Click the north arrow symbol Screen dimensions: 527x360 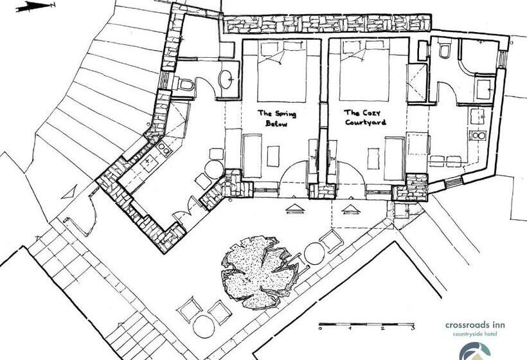pos(35,6)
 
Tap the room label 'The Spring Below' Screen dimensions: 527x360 pos(277,118)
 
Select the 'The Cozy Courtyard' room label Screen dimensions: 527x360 pos(365,117)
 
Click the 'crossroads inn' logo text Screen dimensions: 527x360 pos(475,325)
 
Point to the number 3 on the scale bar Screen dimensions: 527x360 pos(413,328)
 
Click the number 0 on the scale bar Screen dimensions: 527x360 pos(320,328)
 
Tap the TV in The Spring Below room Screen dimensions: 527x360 pos(312,157)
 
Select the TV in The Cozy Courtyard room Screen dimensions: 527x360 pos(333,157)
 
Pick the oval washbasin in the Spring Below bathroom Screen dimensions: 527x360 pos(226,79)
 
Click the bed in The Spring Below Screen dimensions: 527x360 pos(282,71)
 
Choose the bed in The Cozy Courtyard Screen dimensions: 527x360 pos(364,71)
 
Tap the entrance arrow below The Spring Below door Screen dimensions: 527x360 pos(295,209)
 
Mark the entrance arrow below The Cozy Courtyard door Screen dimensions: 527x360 pos(351,210)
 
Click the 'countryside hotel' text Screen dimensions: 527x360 pos(474,334)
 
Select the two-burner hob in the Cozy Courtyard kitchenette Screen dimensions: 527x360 pos(479,136)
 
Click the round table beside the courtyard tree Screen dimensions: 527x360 pos(314,254)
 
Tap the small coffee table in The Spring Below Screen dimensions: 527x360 pos(273,156)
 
